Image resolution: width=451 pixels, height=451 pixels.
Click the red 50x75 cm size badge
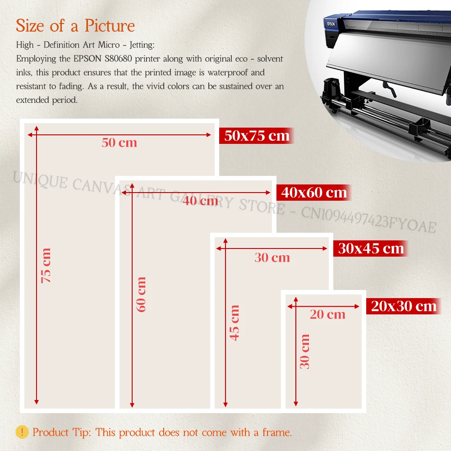pyautogui.click(x=256, y=136)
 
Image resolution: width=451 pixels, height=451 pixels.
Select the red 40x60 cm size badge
pyautogui.click(x=313, y=193)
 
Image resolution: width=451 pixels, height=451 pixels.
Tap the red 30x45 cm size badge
pyautogui.click(x=370, y=249)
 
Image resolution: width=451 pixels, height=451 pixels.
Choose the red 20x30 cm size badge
pyautogui.click(x=404, y=306)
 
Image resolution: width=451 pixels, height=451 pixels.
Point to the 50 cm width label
pyautogui.click(x=120, y=143)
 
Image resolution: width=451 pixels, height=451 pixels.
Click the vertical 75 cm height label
pyautogui.click(x=46, y=266)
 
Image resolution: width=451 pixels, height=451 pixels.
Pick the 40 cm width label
pyautogui.click(x=200, y=201)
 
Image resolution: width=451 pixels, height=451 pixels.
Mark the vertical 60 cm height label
pyautogui.click(x=141, y=294)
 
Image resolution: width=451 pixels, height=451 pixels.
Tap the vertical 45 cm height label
pyautogui.click(x=235, y=323)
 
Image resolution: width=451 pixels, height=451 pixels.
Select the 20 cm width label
pyautogui.click(x=327, y=314)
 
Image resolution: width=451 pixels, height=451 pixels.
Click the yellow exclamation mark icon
pyautogui.click(x=22, y=432)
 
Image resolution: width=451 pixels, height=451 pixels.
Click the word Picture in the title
pyautogui.click(x=110, y=26)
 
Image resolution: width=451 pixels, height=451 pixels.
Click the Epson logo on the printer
pyautogui.click(x=331, y=24)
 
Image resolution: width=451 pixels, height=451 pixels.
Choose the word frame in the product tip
pyautogui.click(x=277, y=433)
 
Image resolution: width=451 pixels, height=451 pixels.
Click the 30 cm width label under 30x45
pyautogui.click(x=272, y=258)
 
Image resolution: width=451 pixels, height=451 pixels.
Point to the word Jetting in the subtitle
pyautogui.click(x=142, y=45)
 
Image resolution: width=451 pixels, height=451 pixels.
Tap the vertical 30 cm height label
pyautogui.click(x=304, y=351)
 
